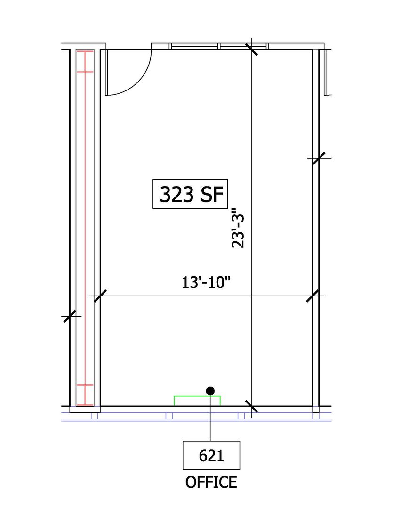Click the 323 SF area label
[190, 194]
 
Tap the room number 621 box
[211, 455]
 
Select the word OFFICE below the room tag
[211, 482]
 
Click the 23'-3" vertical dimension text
[238, 228]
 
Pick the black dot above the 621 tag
[210, 391]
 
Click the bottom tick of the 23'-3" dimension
[251, 406]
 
